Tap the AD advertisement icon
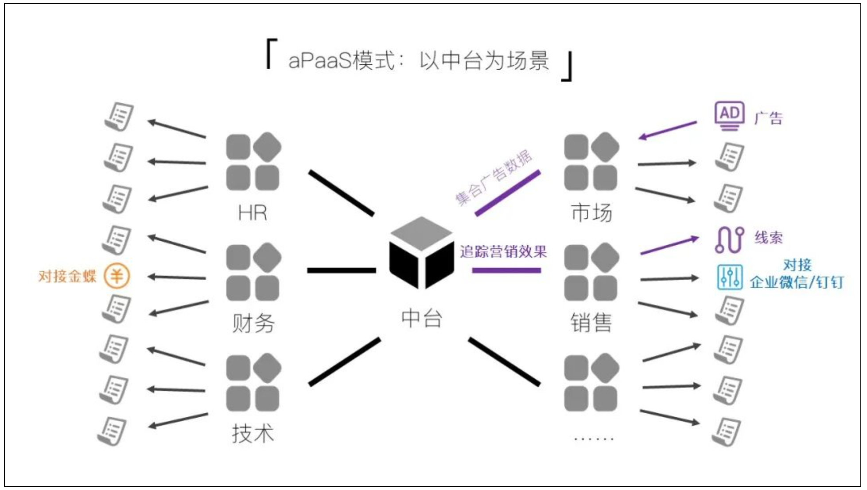pos(729,116)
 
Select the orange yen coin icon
pos(117,276)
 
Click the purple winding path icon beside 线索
pos(729,239)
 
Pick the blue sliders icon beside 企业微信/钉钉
pos(729,278)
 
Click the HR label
pos(253,213)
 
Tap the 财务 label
pos(253,323)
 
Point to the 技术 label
pos(253,433)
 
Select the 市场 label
pos(591,213)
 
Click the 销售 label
pos(591,323)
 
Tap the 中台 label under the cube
pos(421,318)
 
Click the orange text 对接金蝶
pos(67,276)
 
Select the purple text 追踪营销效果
pos(503,252)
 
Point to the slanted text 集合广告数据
pos(494,178)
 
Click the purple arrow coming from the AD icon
pos(667,130)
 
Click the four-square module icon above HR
pos(253,161)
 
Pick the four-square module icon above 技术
pos(253,382)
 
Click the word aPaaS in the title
pos(319,61)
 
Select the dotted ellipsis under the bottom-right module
pos(593,439)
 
